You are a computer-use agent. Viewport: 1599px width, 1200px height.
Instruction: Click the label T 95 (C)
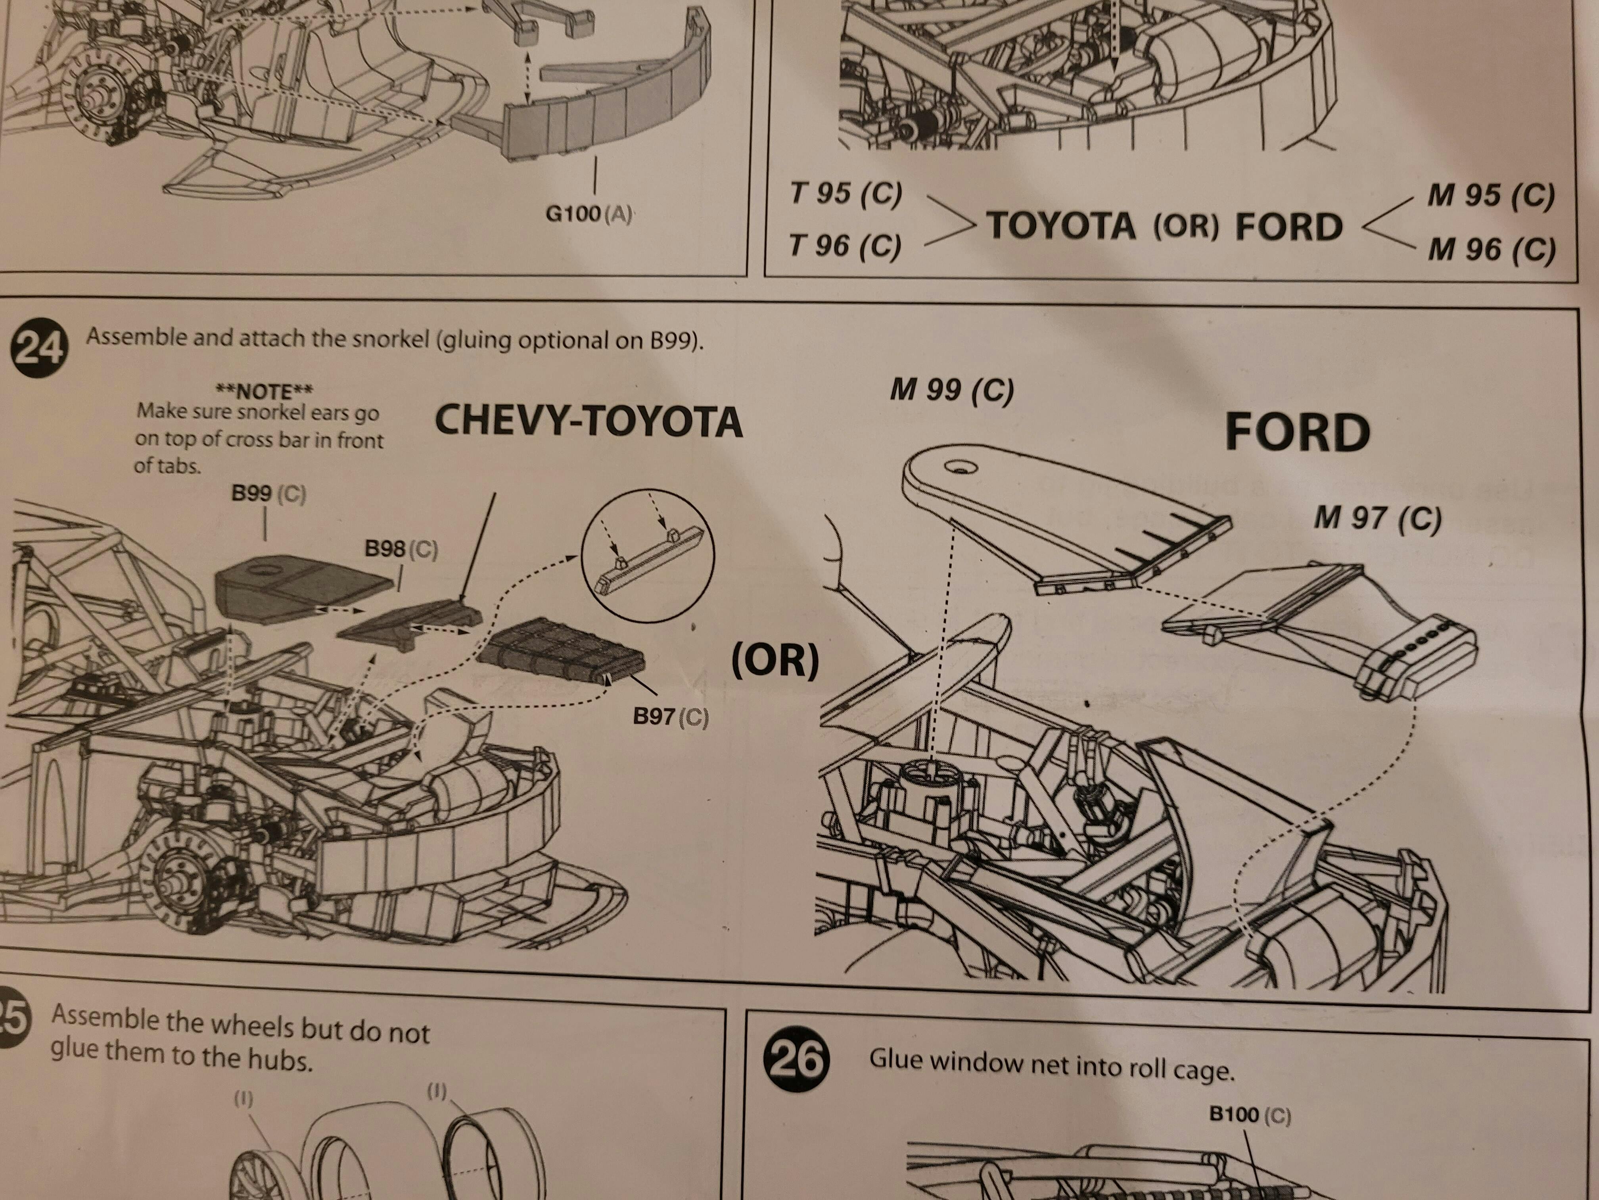(x=845, y=194)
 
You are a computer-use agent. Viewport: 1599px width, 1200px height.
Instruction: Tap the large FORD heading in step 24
(x=1297, y=433)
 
